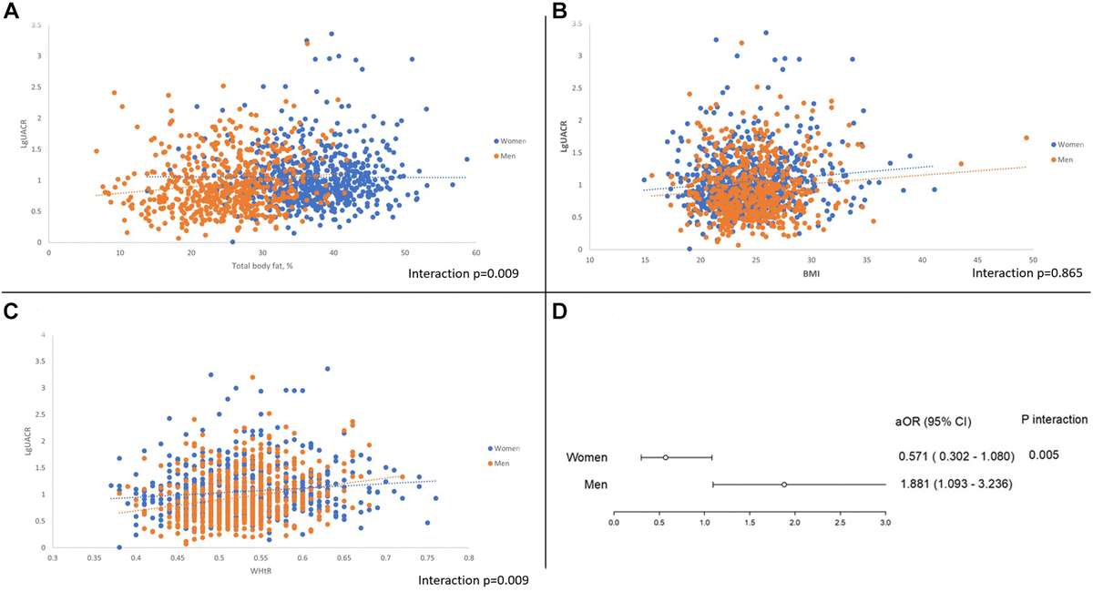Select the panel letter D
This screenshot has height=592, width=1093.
(x=558, y=311)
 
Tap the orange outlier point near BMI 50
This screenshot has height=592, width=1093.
(x=1027, y=138)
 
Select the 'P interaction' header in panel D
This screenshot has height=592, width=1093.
(x=1050, y=420)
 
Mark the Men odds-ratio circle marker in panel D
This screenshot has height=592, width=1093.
(x=784, y=485)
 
